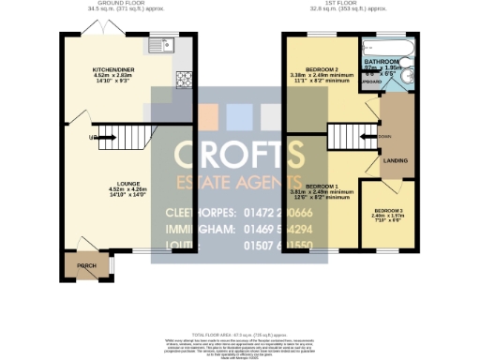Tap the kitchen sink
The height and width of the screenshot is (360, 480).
click(x=165, y=44)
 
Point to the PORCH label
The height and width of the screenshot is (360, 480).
click(x=86, y=265)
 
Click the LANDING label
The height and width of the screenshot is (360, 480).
click(x=396, y=161)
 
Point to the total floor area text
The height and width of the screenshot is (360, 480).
click(x=240, y=334)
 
